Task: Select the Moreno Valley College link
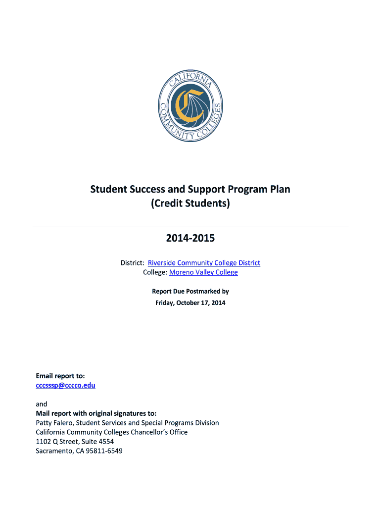pyautogui.click(x=203, y=272)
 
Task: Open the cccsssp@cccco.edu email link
pyautogui.click(x=66, y=385)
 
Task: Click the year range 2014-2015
pyautogui.click(x=190, y=239)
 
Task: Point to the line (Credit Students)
pyautogui.click(x=190, y=203)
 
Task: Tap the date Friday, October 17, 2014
pyautogui.click(x=190, y=303)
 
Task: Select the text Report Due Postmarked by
pyautogui.click(x=190, y=292)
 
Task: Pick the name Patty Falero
pyautogui.click(x=54, y=423)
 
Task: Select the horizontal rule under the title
pyautogui.click(x=190, y=226)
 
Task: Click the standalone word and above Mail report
pyautogui.click(x=42, y=404)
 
